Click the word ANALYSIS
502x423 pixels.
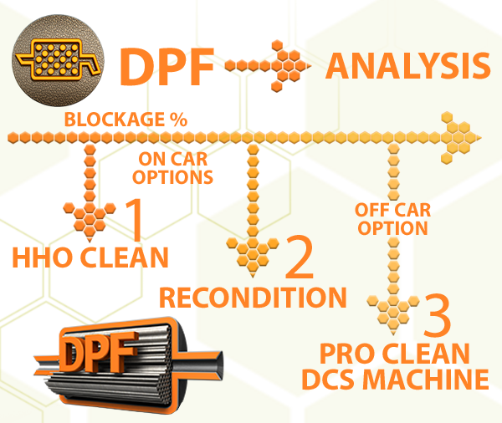407,65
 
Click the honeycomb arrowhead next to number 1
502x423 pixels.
87,219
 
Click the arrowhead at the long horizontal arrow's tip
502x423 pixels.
461,136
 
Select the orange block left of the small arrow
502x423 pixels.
167,66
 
